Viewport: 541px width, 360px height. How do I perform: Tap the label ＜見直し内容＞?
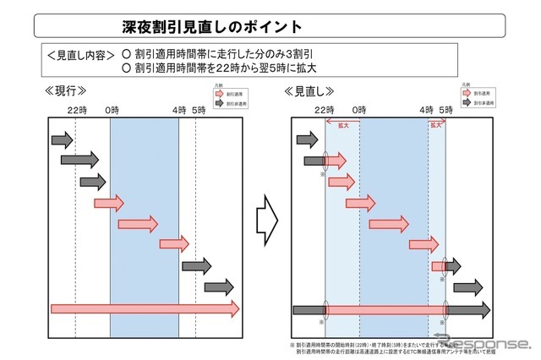pyautogui.click(x=79, y=54)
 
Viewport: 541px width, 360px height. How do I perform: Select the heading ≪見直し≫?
pyautogui.click(x=309, y=90)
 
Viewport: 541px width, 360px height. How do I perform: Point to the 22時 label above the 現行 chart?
pyautogui.click(x=76, y=110)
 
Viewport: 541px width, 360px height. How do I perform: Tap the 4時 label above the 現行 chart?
pyautogui.click(x=178, y=110)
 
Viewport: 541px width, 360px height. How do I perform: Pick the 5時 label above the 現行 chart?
pyautogui.click(x=199, y=110)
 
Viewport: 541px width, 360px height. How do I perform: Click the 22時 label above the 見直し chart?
pyautogui.click(x=324, y=110)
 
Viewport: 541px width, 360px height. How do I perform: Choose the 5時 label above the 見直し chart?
pyautogui.click(x=447, y=110)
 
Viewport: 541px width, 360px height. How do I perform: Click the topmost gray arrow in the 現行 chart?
pyautogui.click(x=63, y=139)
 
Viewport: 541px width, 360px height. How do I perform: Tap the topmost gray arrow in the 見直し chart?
pyautogui.click(x=305, y=139)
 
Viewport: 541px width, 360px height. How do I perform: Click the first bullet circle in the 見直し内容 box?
pyautogui.click(x=127, y=54)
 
